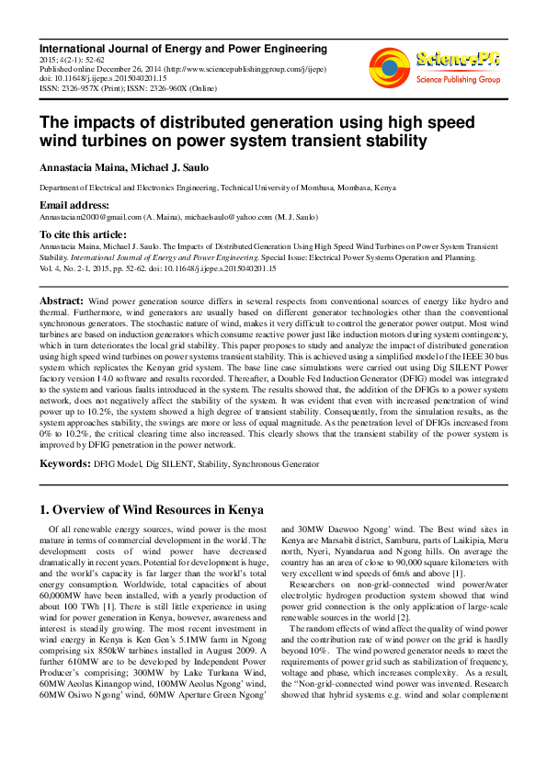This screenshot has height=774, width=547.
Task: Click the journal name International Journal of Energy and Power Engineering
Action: click(182, 48)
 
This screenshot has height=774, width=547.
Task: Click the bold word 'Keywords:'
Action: click(64, 464)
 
